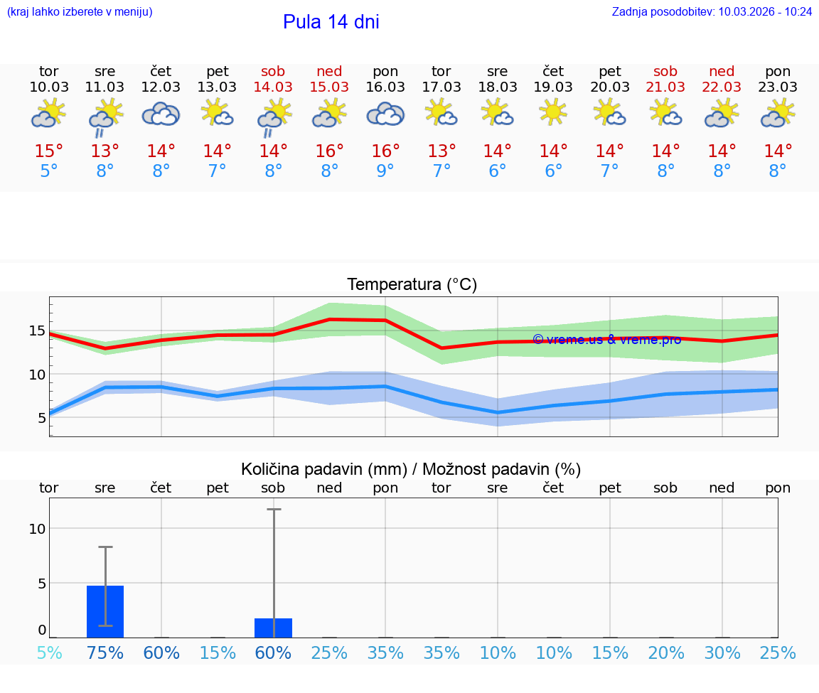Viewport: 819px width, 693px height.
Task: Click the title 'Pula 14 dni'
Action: (331, 22)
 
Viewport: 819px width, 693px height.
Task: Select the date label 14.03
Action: (273, 87)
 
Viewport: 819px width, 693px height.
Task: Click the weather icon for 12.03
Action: (161, 114)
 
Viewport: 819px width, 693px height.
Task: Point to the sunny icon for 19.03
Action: (553, 112)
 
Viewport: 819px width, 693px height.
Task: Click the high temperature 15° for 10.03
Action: (49, 151)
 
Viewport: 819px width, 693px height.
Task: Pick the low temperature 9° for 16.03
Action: (385, 171)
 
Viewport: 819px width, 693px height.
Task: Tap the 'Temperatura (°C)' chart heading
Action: (412, 285)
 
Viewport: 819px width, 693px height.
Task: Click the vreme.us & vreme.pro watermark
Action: (606, 340)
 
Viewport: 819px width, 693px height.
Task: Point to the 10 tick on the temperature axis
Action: (37, 374)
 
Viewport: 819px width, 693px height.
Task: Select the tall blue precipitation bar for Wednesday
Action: (105, 611)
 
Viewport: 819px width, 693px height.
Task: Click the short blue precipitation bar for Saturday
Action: (273, 628)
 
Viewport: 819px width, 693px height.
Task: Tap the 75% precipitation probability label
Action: (105, 653)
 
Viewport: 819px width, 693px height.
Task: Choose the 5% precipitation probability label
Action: (49, 653)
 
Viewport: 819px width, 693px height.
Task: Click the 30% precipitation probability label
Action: (722, 653)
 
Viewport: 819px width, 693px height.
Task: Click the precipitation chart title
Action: (411, 469)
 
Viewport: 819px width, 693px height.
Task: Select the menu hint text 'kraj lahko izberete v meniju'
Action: (80, 12)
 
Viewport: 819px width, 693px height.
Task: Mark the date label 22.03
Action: (722, 87)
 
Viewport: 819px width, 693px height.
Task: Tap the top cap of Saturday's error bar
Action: (274, 510)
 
